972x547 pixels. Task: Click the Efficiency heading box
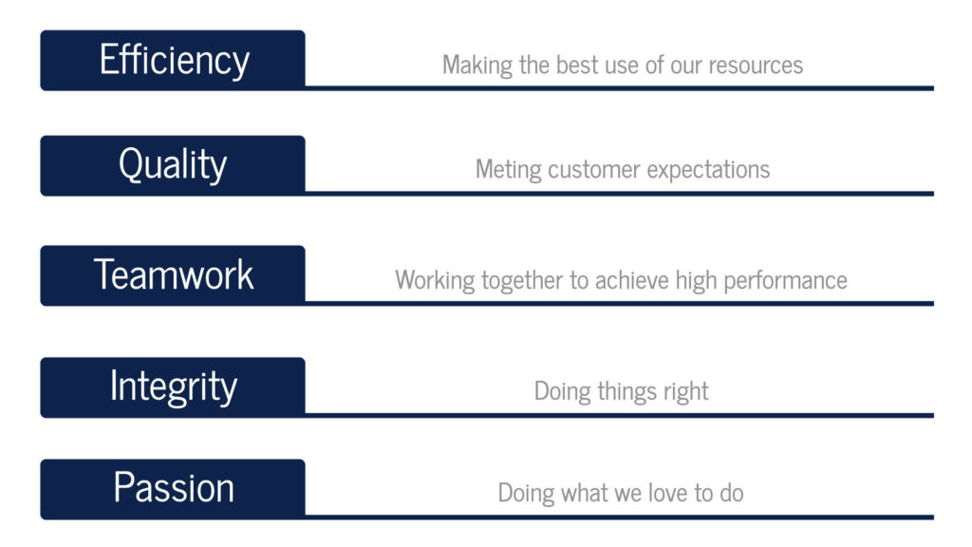tap(173, 60)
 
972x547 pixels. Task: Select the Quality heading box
tap(173, 165)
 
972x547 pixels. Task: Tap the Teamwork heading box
tap(173, 275)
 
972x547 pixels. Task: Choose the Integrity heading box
tap(173, 387)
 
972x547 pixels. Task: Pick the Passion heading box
tap(173, 489)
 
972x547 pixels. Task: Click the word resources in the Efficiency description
tap(756, 66)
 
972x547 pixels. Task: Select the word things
tap(626, 392)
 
